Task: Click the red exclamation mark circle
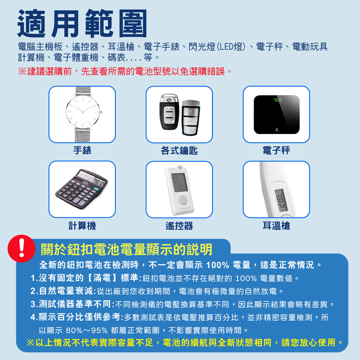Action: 22,249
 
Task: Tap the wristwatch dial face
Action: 83,112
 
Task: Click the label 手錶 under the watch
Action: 82,151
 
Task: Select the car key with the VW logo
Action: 170,112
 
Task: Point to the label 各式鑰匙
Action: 179,151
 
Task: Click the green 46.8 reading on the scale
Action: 277,100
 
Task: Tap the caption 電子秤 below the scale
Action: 276,151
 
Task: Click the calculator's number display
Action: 91,179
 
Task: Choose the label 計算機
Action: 82,226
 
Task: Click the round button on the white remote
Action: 183,200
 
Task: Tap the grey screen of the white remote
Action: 179,183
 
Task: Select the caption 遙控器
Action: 179,226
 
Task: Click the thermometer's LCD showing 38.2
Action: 281,200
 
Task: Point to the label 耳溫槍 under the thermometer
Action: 276,226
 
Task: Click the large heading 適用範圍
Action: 82,23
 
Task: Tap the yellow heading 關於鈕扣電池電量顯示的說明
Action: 126,249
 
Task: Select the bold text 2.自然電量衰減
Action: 62,291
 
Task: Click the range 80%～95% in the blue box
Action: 87,330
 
